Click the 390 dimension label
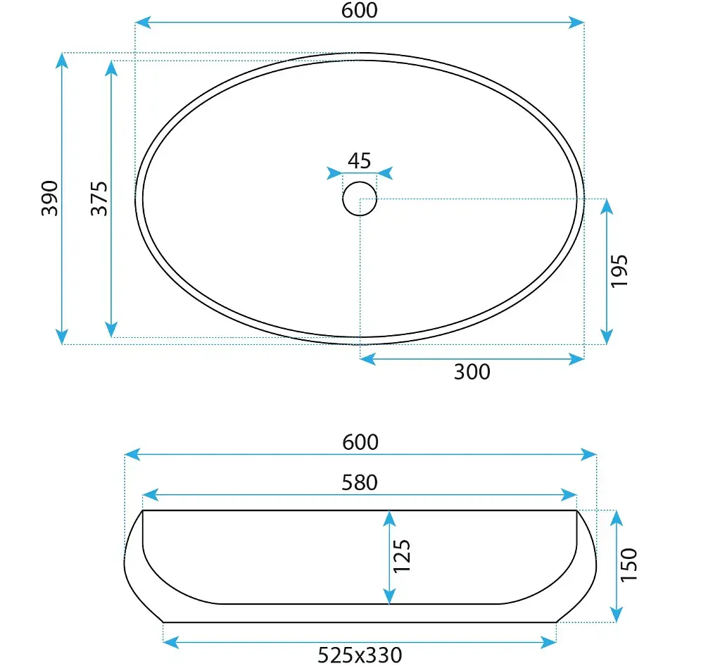(50, 199)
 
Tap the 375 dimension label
(99, 199)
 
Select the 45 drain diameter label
(359, 161)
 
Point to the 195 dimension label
(619, 271)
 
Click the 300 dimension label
(472, 372)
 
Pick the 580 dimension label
(360, 483)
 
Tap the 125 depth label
(401, 555)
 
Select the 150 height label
(629, 565)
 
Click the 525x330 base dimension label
(360, 655)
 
